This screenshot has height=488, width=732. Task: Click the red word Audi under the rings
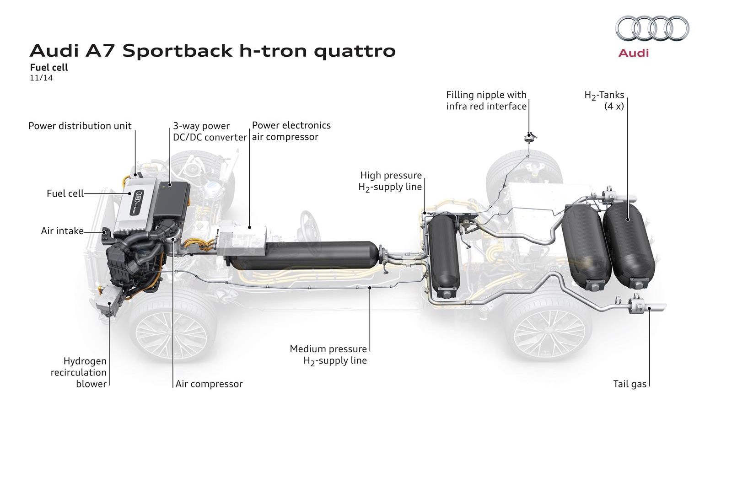(x=633, y=53)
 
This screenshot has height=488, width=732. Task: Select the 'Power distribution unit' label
(x=80, y=126)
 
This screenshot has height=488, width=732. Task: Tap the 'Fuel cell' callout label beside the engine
(x=65, y=193)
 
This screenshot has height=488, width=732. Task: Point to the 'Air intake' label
(x=62, y=231)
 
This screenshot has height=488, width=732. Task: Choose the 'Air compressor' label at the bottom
(x=209, y=384)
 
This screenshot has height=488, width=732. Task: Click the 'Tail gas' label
(x=630, y=384)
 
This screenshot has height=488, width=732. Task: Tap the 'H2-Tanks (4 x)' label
(x=604, y=101)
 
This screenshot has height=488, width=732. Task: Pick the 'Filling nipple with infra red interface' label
(x=486, y=101)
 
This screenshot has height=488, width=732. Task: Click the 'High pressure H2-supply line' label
(x=390, y=181)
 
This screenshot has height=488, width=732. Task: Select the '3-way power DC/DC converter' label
(x=209, y=132)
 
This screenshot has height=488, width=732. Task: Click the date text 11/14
(x=41, y=78)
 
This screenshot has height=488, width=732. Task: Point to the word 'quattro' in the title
(x=355, y=51)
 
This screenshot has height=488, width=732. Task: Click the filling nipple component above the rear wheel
(x=530, y=136)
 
